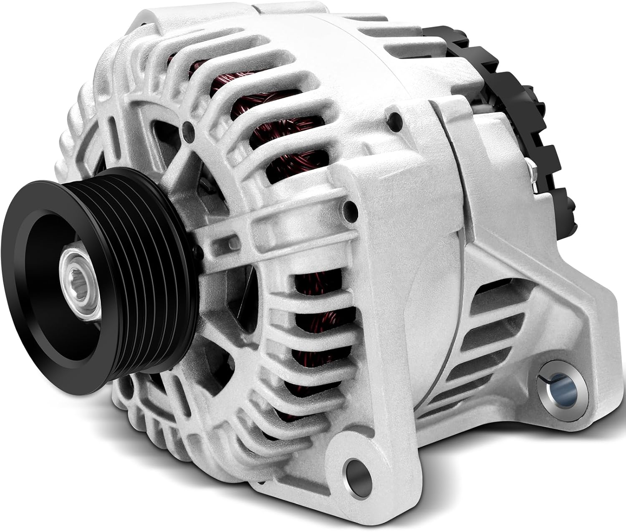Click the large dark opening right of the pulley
234,292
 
